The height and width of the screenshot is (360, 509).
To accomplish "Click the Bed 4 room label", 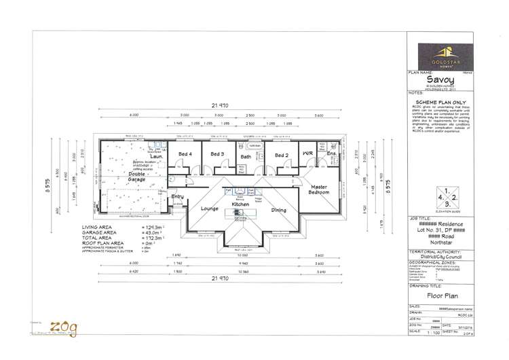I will pos(185,155).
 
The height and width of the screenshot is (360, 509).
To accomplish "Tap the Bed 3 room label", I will pos(217,155).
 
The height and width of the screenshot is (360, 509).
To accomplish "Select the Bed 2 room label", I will pos(282,155).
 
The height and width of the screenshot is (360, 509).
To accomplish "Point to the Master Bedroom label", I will pos(320,190).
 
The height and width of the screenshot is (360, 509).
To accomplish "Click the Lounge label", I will pos(210,209).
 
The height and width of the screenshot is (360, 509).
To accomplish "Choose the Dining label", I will pos(279,210).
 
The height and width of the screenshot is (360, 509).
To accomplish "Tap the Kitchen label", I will pos(242,204).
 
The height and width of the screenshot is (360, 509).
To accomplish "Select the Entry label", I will pos(177,196).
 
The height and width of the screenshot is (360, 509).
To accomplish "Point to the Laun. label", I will pos(157,156).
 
